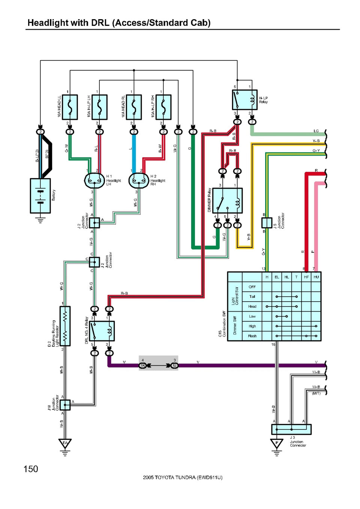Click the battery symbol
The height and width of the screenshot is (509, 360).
point(40,196)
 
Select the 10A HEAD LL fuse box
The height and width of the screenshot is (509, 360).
point(70,107)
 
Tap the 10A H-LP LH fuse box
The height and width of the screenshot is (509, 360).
point(99,107)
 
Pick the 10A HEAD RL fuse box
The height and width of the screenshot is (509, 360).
point(134,107)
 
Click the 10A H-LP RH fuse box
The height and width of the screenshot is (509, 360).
point(163,107)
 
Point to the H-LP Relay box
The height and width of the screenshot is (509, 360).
point(244,100)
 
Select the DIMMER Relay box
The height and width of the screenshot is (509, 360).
point(228,201)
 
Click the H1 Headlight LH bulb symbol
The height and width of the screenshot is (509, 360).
point(94,181)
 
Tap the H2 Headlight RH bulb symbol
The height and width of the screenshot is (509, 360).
point(139,181)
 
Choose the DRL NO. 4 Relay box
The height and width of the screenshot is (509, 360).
point(102,331)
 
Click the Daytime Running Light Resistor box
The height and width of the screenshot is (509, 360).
point(65,326)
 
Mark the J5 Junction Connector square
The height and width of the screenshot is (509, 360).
point(267,222)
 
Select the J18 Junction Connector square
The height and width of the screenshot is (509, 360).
point(65,405)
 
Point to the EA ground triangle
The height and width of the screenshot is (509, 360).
point(65,443)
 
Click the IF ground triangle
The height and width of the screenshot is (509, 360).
point(277,443)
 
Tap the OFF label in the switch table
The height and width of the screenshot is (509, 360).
point(252,287)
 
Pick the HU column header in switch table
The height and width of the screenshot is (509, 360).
point(316,277)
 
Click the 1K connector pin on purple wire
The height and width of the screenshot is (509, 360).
point(142,365)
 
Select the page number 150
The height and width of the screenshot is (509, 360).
point(31,469)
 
